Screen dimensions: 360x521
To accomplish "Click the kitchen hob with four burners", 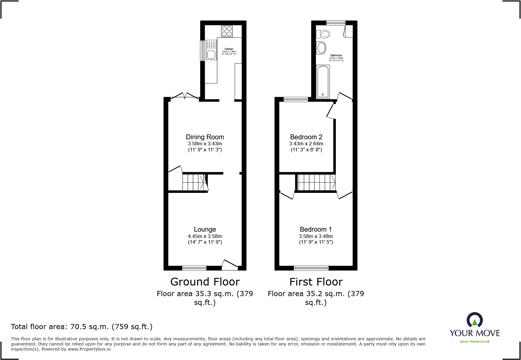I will [x=227, y=31].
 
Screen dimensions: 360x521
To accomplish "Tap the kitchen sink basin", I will [x=211, y=55].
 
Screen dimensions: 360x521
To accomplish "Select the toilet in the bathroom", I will [x=323, y=34].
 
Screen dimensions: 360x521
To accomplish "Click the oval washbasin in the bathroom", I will [x=321, y=48].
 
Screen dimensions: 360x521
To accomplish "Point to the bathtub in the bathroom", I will [x=323, y=82].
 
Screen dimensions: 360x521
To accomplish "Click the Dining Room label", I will [x=205, y=137].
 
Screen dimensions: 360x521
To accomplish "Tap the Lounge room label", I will [x=205, y=230].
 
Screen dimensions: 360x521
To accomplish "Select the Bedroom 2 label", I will [x=306, y=137].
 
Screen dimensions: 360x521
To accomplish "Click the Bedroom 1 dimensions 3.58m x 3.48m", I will [x=316, y=236].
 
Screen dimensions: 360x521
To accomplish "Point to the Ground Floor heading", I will [x=205, y=282].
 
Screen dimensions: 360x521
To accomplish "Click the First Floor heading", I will [x=316, y=282].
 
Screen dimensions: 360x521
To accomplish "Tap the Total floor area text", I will [x=82, y=327].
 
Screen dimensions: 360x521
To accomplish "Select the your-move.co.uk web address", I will [x=475, y=342].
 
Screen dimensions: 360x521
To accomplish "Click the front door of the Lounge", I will [x=230, y=265].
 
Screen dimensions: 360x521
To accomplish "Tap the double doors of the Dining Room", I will [x=185, y=96].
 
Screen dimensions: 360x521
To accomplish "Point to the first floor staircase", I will [x=316, y=182].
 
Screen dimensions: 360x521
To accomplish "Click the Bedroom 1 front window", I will [x=311, y=268].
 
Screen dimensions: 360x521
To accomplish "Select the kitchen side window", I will [x=202, y=51].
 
